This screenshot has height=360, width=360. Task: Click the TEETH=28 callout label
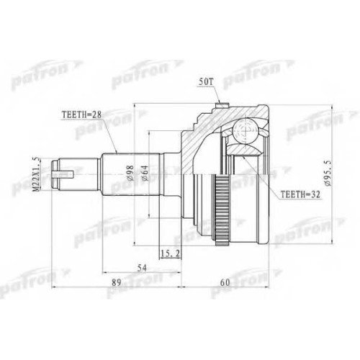point(82,114)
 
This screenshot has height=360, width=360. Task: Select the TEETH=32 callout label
point(300,194)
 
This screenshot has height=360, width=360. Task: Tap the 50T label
point(206,82)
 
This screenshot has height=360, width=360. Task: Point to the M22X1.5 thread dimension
point(37,174)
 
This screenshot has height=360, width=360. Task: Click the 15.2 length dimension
point(171,253)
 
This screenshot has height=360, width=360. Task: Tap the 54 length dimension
point(142,268)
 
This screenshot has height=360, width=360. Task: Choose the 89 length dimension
point(117,282)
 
